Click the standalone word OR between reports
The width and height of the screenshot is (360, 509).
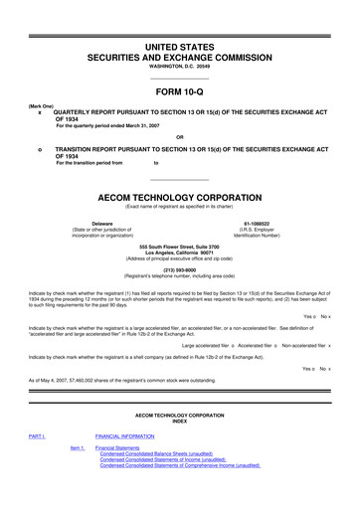pyautogui.click(x=179, y=136)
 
